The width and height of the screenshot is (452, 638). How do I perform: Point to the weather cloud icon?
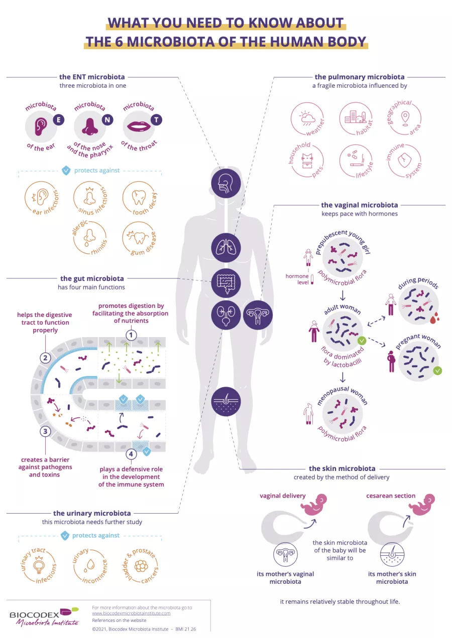307,119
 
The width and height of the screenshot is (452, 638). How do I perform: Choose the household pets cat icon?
307,161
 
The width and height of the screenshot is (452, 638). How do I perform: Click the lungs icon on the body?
226,248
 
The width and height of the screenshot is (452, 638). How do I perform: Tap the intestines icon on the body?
226,283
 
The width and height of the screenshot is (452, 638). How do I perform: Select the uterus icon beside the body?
258,315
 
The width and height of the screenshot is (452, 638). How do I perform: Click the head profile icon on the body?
226,183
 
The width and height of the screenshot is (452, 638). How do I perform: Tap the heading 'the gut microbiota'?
92,278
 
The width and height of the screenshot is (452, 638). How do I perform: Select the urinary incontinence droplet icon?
90,566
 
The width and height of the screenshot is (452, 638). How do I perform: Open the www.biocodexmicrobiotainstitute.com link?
131,613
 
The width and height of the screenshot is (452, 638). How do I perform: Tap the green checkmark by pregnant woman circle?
437,371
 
